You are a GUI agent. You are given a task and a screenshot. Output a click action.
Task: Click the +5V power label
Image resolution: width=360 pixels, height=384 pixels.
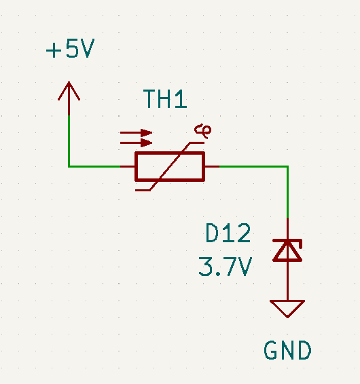coord(70,48)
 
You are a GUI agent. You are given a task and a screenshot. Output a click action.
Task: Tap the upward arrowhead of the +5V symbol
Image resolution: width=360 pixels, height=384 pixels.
coord(69,91)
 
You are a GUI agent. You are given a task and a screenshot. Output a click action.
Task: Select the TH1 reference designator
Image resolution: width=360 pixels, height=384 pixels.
coord(165,98)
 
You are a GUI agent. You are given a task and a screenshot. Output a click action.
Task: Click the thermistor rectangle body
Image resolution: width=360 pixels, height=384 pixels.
coord(170,166)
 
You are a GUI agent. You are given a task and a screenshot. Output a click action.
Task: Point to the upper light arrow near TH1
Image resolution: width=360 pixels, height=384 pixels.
coord(136,133)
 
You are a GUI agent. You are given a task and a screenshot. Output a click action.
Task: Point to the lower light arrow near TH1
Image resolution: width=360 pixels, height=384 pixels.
coord(136,142)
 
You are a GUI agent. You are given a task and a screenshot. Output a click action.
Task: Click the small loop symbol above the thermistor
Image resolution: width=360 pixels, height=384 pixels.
coord(203,131)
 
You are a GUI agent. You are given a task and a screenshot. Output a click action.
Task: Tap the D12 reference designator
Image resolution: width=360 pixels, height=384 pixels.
coord(228,233)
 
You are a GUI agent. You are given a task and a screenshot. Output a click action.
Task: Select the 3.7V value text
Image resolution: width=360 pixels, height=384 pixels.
coord(226,267)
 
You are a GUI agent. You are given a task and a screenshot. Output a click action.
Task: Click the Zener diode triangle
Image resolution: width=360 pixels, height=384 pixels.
coord(287,251)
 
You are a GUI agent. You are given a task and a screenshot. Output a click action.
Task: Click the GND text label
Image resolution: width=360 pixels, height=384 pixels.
coord(287,350)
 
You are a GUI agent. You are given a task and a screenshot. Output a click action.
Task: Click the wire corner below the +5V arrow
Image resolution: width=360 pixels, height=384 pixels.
coord(69,166)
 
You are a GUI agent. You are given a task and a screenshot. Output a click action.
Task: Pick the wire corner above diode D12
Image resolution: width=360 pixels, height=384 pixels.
coord(287,166)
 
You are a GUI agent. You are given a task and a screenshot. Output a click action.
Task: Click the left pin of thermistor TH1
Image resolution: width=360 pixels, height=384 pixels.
coord(127,166)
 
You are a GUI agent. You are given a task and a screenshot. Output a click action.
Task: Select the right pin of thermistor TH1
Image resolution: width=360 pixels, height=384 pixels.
coord(212,166)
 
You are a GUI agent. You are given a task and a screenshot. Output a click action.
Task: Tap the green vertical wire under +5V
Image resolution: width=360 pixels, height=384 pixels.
coord(69,141)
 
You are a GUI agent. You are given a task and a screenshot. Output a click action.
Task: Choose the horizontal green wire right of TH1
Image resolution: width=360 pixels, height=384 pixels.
coord(253,166)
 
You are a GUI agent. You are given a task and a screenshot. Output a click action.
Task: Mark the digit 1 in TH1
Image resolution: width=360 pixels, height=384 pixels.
coord(181,98)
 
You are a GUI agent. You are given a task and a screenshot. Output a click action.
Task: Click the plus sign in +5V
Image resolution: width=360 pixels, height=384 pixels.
coord(54,51)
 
